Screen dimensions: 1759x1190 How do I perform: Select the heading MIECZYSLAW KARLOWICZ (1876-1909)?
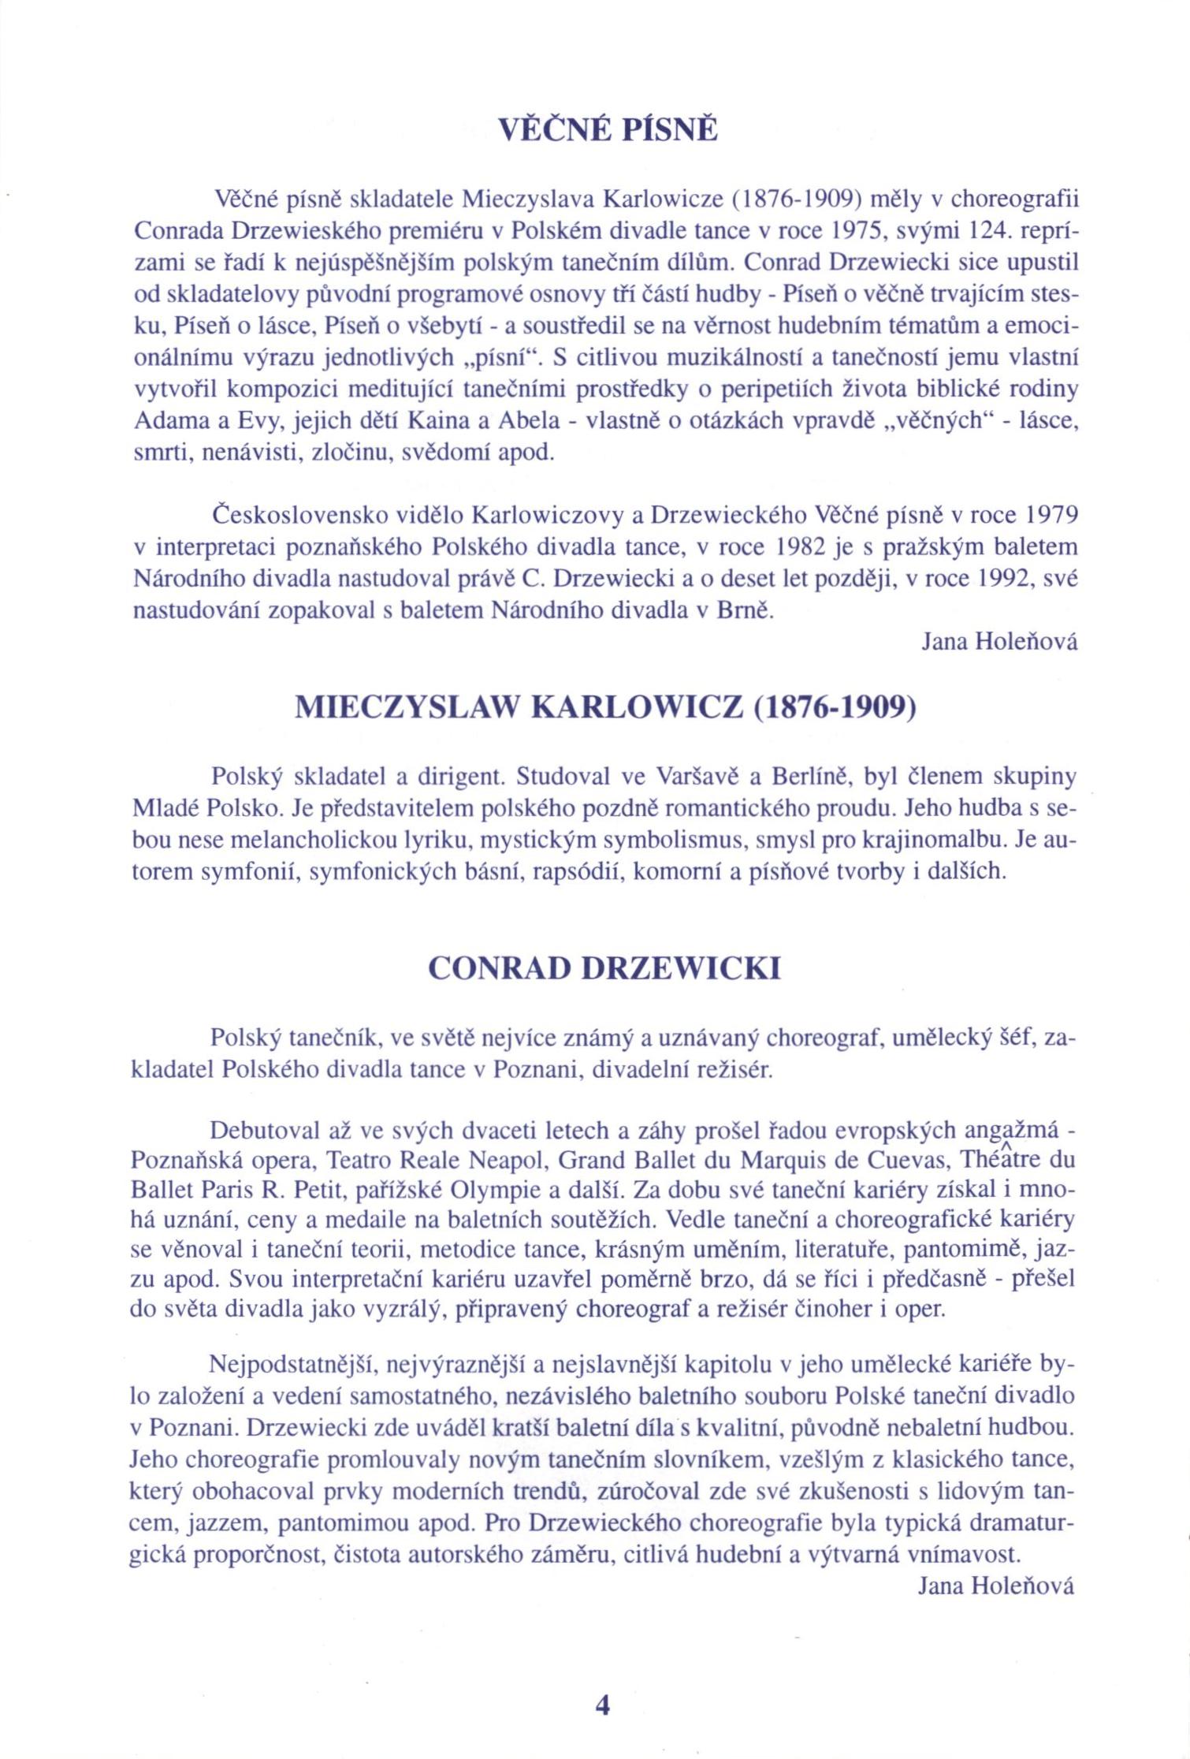point(606,708)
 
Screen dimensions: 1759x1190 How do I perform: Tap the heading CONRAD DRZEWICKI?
point(604,968)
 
